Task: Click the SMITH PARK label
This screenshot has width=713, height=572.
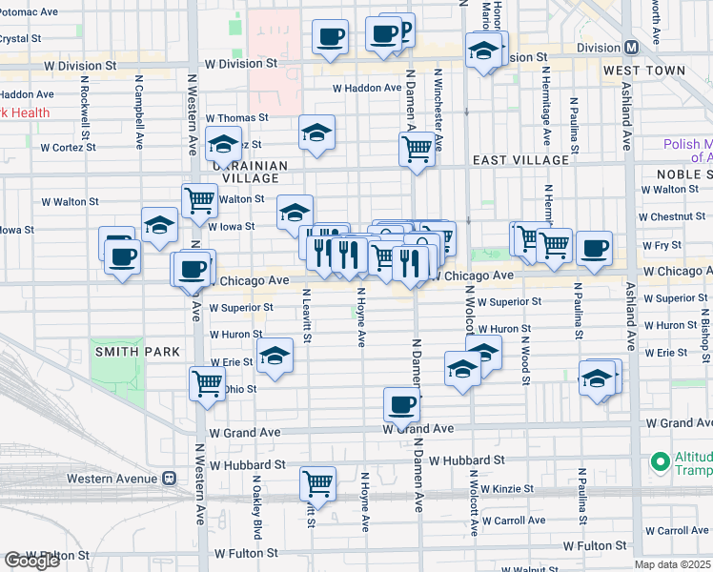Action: [136, 352]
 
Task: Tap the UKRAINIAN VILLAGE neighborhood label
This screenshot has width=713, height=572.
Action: [255, 172]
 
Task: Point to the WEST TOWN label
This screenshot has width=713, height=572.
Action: [643, 71]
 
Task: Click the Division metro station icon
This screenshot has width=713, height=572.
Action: [631, 48]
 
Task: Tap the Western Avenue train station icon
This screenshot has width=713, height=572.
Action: [169, 478]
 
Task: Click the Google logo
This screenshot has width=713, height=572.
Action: [32, 561]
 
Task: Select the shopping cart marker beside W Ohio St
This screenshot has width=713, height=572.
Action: [207, 383]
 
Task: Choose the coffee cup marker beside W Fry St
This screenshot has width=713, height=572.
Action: [593, 247]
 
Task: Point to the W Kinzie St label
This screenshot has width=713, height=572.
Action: [514, 489]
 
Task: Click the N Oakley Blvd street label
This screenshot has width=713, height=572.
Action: [257, 512]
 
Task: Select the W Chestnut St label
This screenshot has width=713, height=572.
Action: [673, 216]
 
